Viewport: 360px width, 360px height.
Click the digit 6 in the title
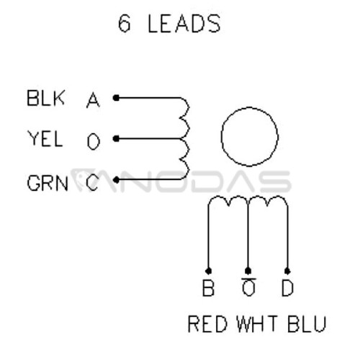point(125,24)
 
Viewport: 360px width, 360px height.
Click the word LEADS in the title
point(184,24)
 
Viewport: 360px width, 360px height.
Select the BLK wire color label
point(45,98)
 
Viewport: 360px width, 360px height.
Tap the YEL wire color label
point(45,139)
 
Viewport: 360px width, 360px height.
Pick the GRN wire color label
point(48,183)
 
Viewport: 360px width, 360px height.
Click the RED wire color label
point(207,324)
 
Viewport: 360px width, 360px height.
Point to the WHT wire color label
point(258,324)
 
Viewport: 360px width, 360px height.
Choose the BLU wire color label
point(307,324)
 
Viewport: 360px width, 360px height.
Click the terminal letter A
point(93,100)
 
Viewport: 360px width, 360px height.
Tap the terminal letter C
point(92,183)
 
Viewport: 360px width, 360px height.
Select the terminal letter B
point(208,288)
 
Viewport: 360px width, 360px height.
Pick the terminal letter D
point(287,288)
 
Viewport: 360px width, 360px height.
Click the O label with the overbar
point(248,287)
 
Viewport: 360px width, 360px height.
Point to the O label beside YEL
point(94,142)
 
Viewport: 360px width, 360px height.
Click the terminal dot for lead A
point(116,98)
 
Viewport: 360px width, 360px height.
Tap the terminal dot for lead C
point(116,180)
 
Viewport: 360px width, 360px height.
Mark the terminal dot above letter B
point(208,271)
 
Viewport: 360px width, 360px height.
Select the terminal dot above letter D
point(287,271)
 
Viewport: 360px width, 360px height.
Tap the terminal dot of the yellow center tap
point(116,139)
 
